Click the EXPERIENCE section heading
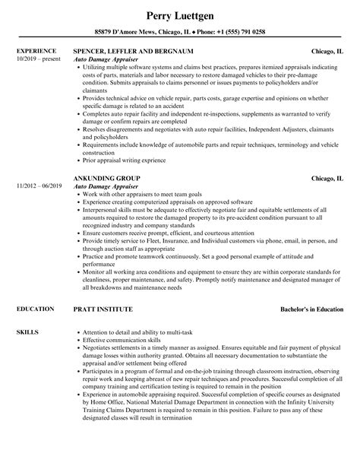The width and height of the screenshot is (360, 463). coord(35,51)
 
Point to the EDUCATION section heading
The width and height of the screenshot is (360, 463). coord(34,288)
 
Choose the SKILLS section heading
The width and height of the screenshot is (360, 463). coord(27,312)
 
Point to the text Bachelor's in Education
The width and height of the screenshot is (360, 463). coord(311,289)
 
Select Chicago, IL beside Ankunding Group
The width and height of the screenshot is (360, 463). coord(327,178)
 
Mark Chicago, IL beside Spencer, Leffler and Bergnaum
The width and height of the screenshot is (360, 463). coord(327,52)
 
